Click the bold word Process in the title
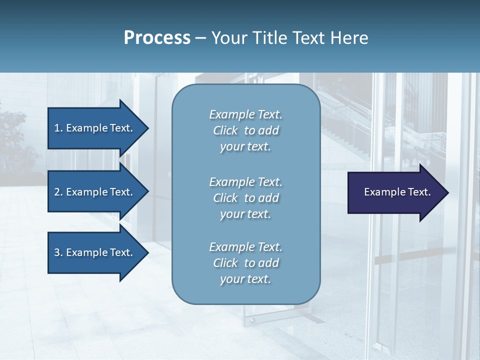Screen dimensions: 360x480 click(157, 38)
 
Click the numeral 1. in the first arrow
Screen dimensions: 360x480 click(58, 128)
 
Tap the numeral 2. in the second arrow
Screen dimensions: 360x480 click(58, 192)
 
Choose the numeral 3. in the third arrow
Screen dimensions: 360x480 click(58, 252)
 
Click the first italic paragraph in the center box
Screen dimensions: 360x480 click(245, 130)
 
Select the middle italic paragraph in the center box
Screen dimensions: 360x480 click(245, 198)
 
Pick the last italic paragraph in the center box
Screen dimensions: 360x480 click(245, 263)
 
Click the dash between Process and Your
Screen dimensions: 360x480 click(201, 38)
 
